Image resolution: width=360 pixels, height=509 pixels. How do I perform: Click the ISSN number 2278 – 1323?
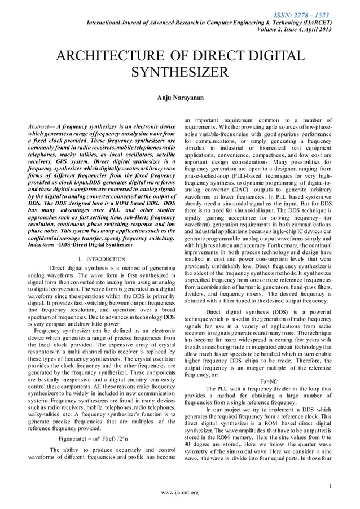(x=310, y=14)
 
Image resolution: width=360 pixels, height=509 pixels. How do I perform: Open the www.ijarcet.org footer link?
(x=179, y=493)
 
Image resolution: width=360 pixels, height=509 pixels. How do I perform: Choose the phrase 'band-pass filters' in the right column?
(x=309, y=287)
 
